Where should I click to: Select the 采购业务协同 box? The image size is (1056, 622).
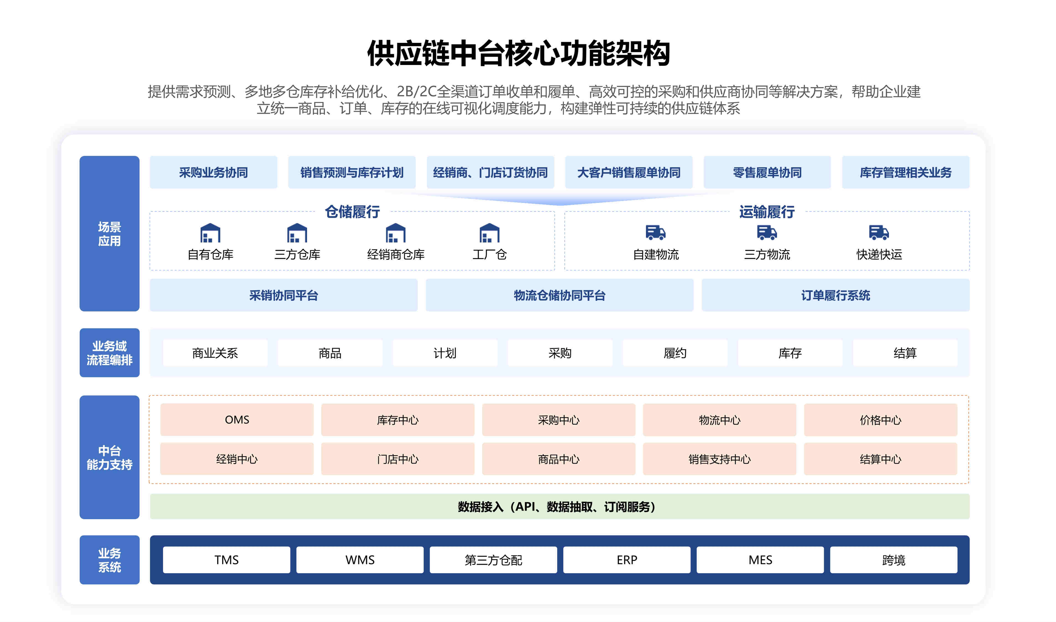point(213,172)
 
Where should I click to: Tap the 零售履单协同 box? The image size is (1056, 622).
point(767,172)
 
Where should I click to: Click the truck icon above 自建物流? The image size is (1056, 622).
point(656,232)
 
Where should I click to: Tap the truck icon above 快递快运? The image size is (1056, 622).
point(879,232)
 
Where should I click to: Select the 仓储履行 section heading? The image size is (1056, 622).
point(352,212)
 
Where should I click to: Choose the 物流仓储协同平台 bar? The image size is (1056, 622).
point(560,295)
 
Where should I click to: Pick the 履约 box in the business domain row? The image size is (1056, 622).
point(675,353)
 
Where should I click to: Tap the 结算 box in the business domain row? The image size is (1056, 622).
point(905,353)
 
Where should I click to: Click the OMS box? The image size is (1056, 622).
point(237,420)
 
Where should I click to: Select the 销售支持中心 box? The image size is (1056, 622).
point(720,459)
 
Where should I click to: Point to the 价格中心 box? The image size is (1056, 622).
point(880,420)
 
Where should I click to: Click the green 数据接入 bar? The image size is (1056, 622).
point(560,506)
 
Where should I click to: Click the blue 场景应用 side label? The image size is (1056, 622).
point(109,234)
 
